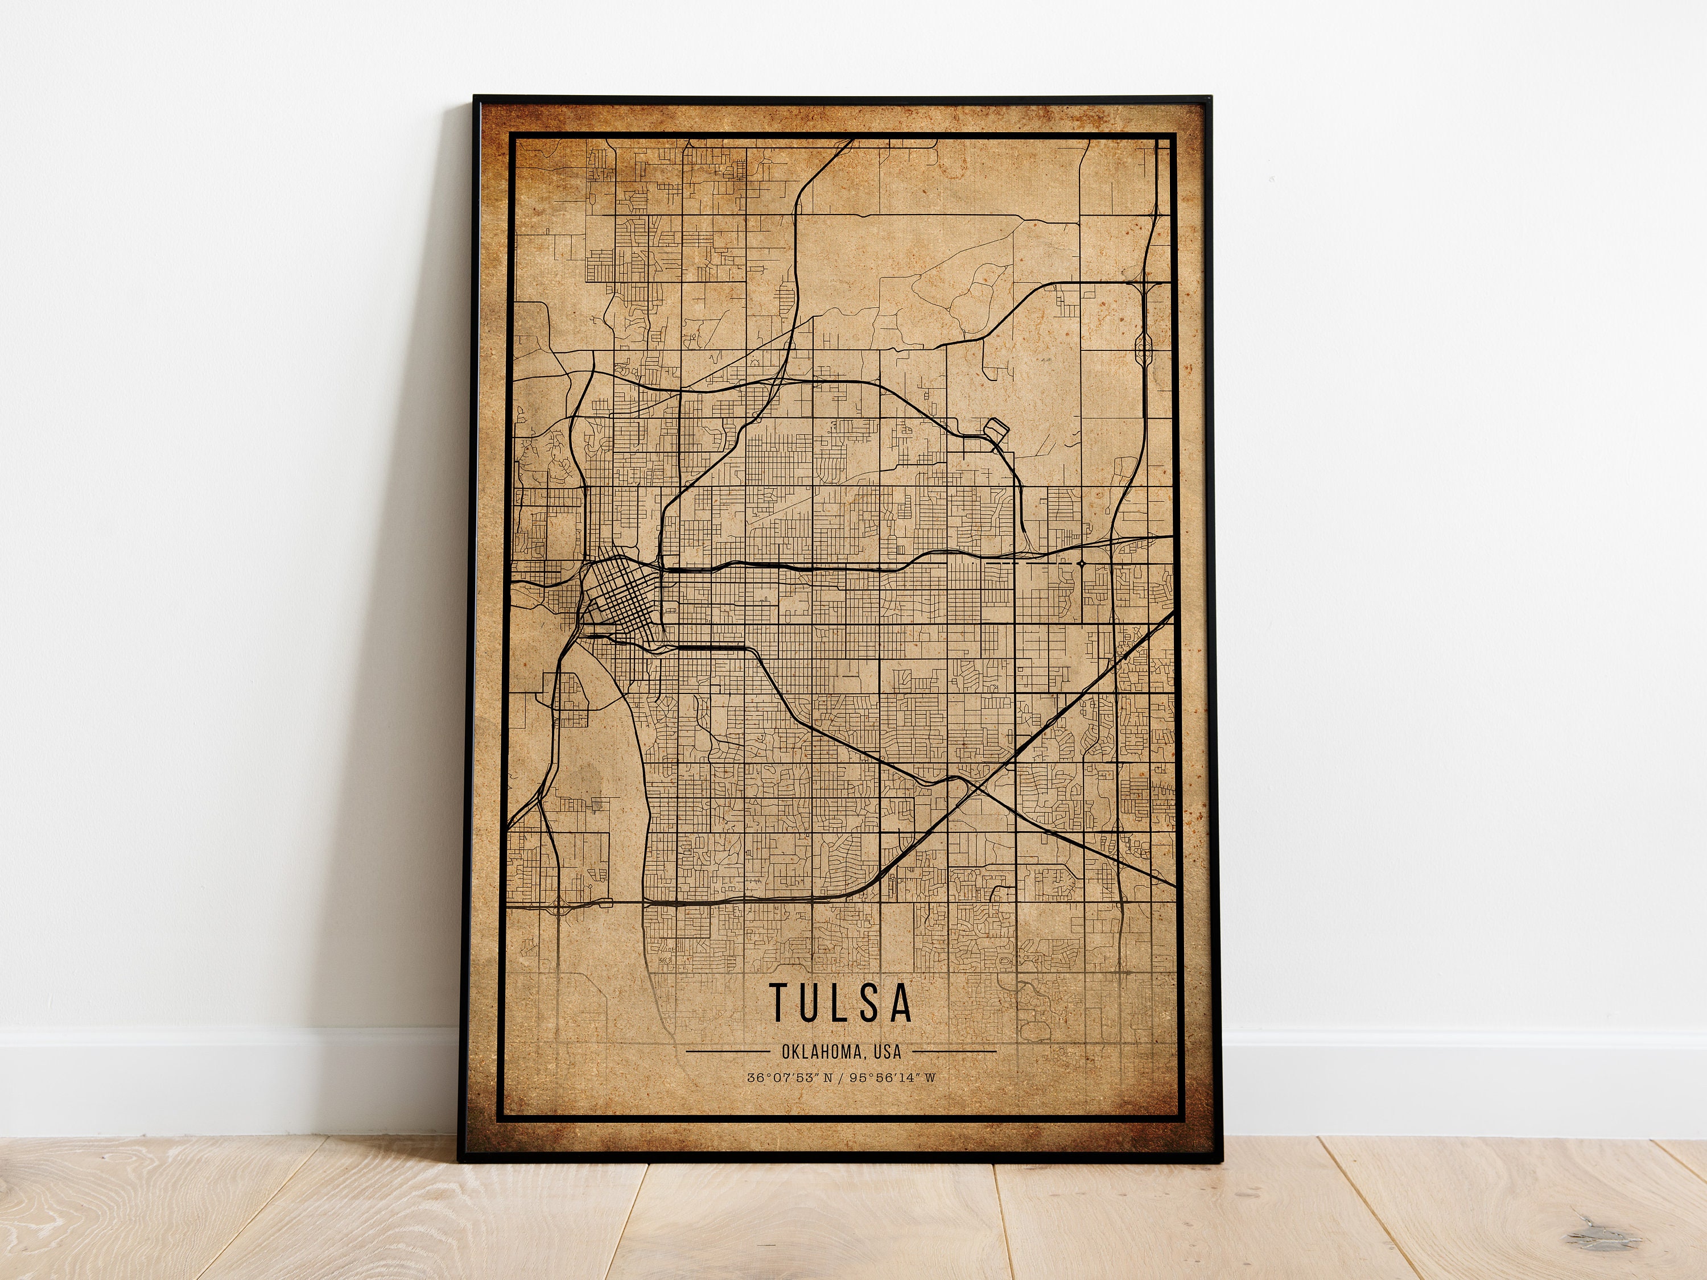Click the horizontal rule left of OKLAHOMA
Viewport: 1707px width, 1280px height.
coord(727,1051)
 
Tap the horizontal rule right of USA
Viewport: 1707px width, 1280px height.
coord(955,1051)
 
